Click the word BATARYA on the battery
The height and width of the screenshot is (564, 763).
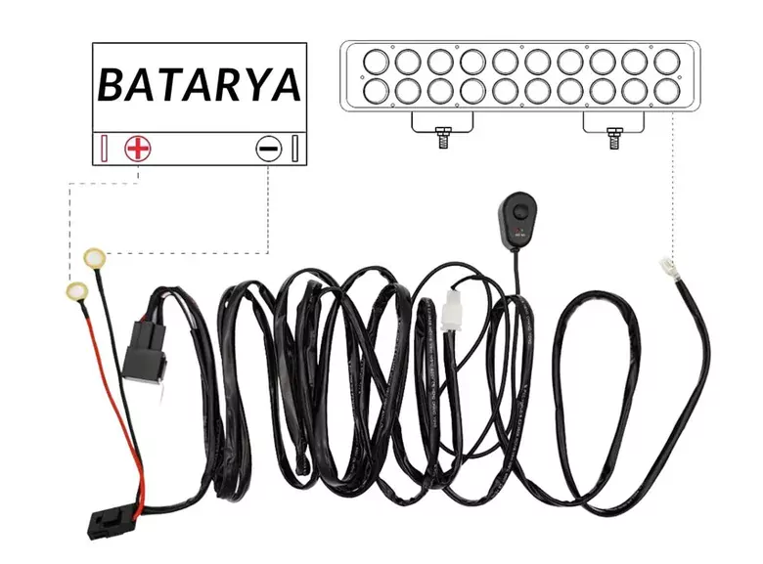(x=199, y=85)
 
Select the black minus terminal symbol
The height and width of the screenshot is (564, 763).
(x=268, y=149)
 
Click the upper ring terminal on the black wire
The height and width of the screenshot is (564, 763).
(x=95, y=257)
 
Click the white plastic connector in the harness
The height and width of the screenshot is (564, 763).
(x=452, y=311)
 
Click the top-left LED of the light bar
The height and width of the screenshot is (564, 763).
(x=377, y=62)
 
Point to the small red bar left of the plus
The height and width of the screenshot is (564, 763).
(x=104, y=150)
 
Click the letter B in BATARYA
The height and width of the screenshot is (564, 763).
(x=112, y=86)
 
